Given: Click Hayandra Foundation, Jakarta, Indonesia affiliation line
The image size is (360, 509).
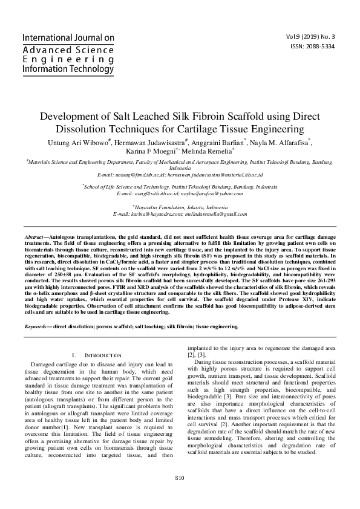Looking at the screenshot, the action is point(180,207).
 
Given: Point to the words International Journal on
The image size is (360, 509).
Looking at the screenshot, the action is point(68,38).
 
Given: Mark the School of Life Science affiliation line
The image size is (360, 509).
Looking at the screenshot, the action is point(180,187).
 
